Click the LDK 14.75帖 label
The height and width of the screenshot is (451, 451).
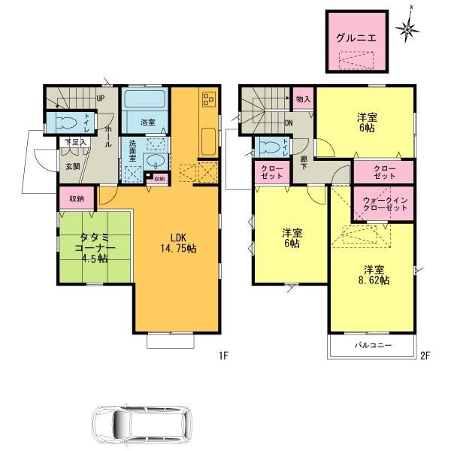tap(177, 243)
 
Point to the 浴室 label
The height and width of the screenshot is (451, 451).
tap(148, 122)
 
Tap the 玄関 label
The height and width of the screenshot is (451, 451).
tap(71, 166)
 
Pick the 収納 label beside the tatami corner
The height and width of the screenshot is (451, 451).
tap(77, 198)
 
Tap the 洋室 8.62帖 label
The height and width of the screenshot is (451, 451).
tap(373, 274)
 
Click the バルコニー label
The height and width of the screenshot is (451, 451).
tap(372, 346)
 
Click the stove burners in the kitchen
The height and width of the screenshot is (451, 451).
tap(207, 100)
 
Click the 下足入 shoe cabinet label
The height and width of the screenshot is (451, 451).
tap(74, 141)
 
